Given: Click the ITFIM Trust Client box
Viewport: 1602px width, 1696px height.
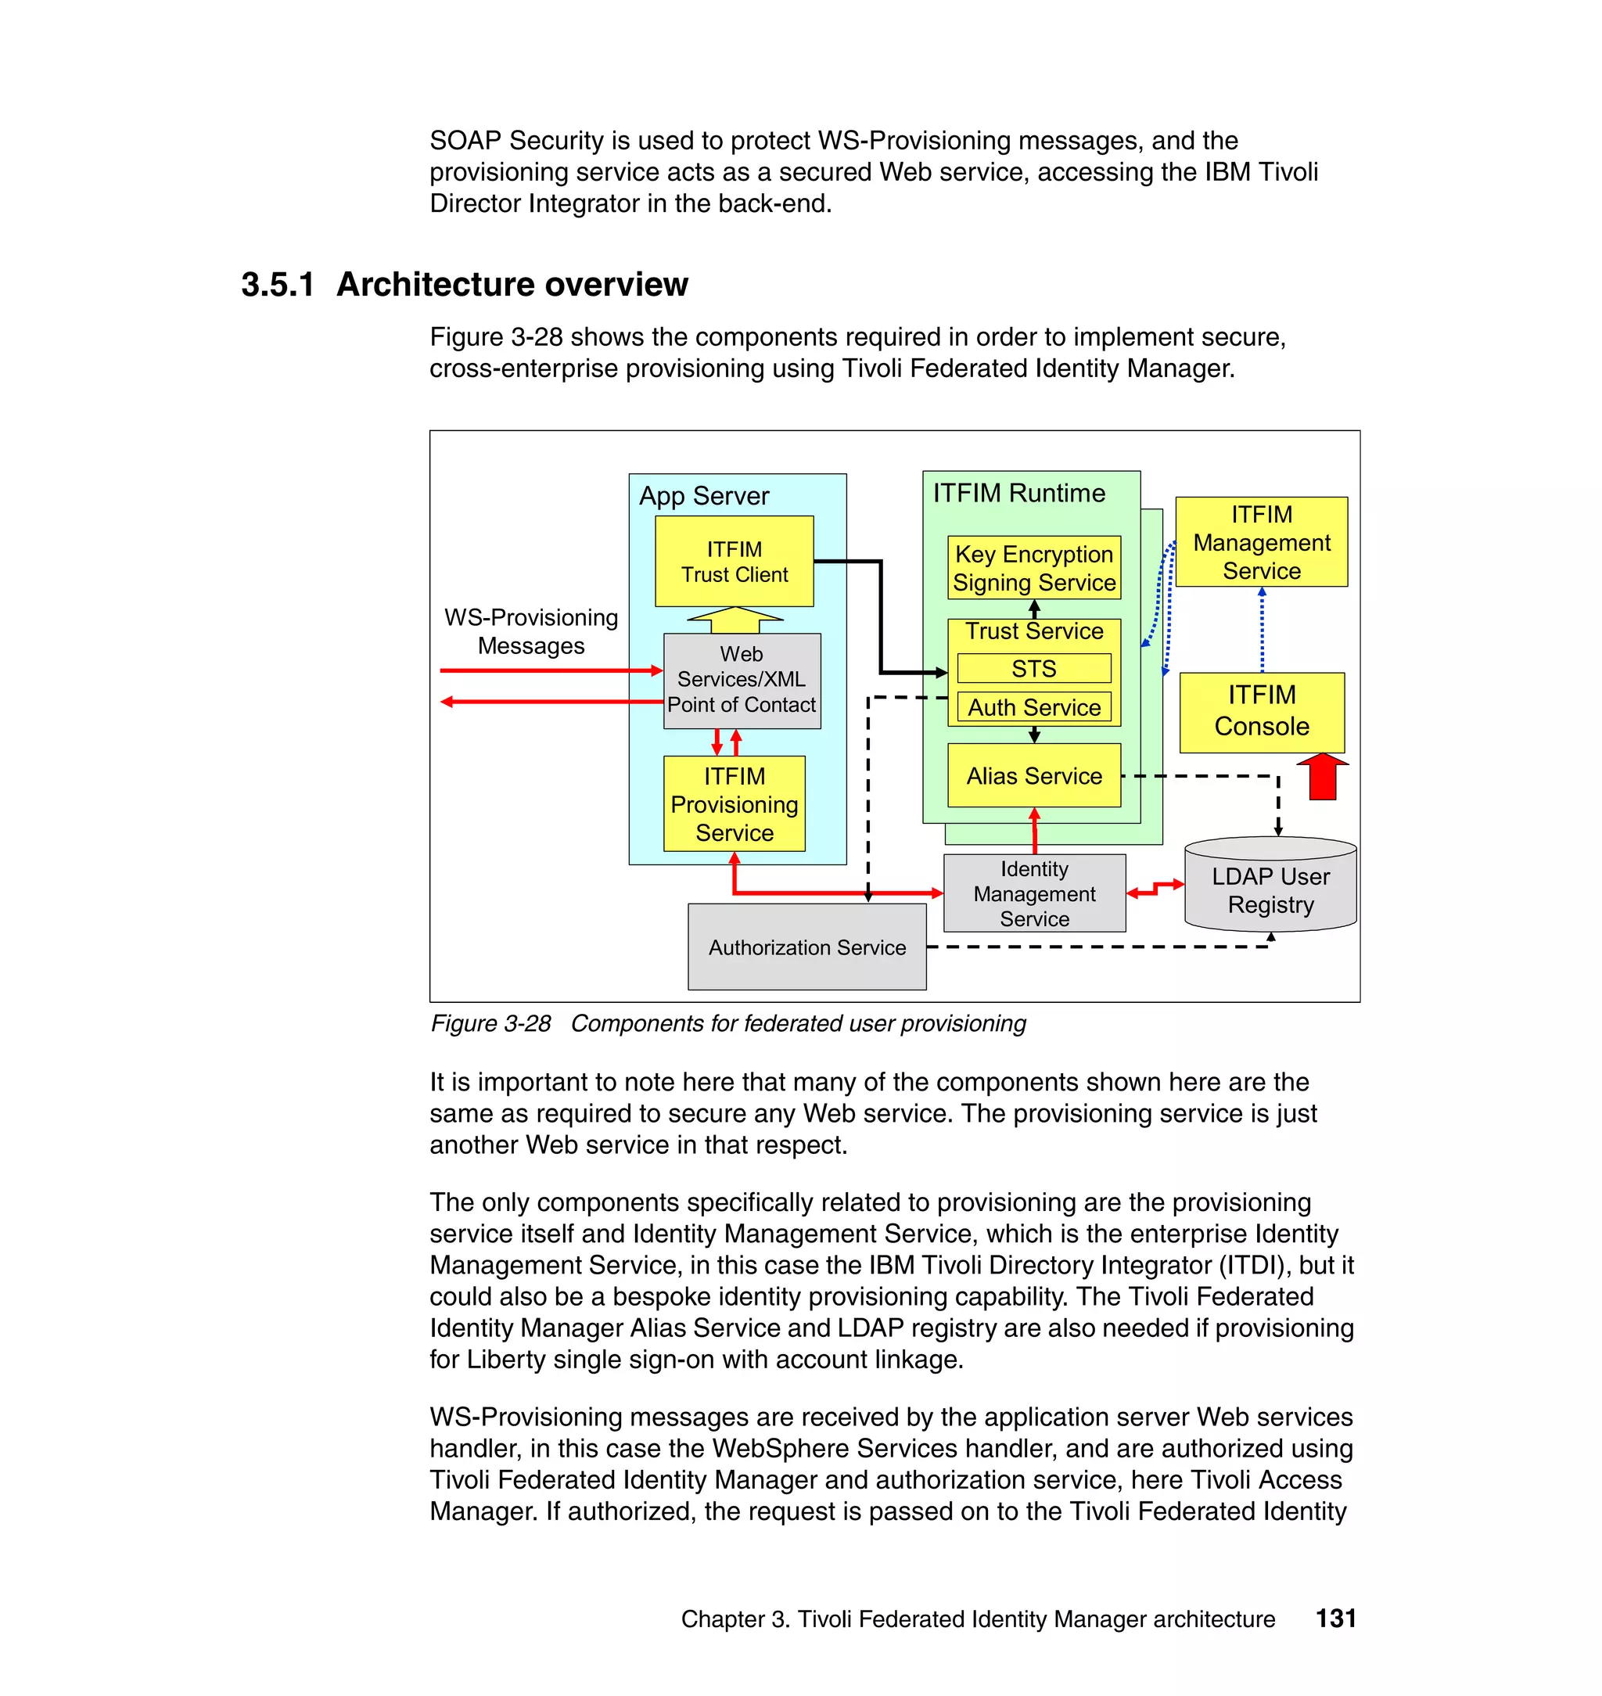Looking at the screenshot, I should [734, 561].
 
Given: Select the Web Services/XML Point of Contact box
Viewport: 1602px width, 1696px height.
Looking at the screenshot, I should [742, 680].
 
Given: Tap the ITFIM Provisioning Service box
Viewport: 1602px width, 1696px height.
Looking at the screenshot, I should [734, 803].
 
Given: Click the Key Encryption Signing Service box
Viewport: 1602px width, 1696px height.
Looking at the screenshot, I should [1033, 568].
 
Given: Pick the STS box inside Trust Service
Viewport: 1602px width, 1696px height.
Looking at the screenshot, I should [1033, 669].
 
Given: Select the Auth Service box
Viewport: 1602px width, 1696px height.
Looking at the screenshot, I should [1033, 707].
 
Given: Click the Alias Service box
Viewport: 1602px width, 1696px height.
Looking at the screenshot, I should [1033, 775].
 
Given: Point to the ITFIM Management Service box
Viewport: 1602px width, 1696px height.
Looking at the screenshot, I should [1261, 542].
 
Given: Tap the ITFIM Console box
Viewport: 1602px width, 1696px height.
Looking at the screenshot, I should [1261, 710].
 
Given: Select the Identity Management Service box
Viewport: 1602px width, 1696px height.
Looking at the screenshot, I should [1033, 893].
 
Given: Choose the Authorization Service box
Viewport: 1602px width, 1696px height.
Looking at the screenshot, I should [806, 947].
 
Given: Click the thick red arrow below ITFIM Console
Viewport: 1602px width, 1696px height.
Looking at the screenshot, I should [1322, 776].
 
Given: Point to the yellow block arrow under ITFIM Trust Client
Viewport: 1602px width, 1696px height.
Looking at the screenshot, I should [735, 619].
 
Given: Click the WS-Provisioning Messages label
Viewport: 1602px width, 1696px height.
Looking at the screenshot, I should [530, 631].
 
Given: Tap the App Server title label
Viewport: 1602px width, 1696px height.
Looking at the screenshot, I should [704, 496].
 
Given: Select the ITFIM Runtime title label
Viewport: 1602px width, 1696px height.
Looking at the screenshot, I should [1018, 493].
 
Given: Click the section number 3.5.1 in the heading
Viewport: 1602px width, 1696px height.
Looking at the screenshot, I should [278, 285].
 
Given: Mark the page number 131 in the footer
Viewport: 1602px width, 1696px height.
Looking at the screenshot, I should [1334, 1619].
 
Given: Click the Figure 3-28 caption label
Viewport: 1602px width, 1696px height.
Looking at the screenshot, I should [491, 1023].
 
